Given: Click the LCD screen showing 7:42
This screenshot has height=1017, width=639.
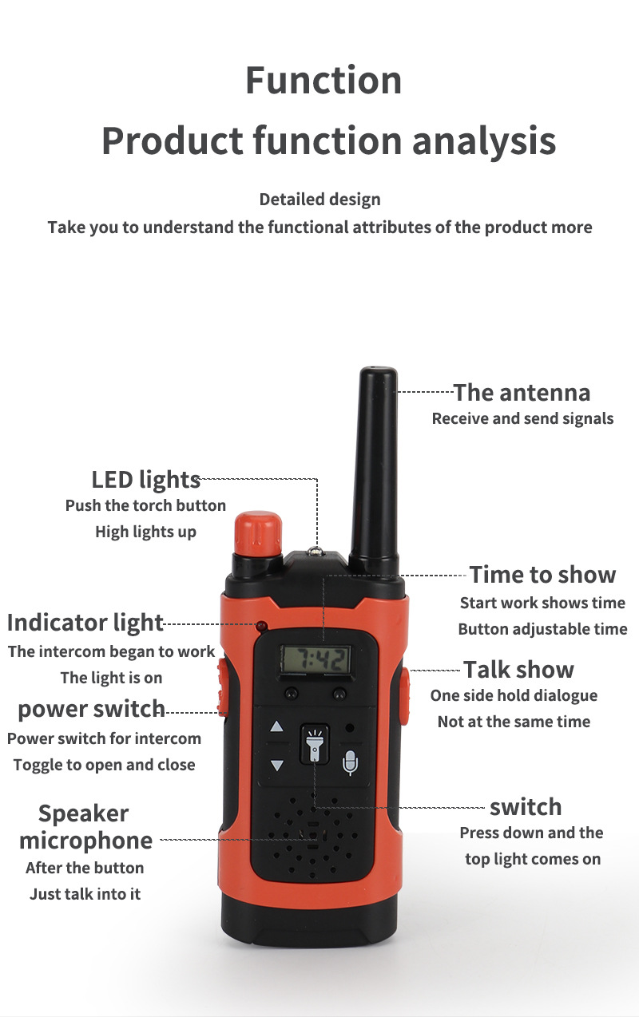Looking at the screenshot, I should tap(316, 659).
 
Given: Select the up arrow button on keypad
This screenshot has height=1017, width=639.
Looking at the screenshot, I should tap(277, 727).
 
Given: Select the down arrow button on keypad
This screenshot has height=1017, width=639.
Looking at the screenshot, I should tap(277, 765).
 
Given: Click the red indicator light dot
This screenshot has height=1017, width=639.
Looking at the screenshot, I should tap(261, 625).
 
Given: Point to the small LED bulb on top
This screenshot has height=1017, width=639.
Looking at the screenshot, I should tap(316, 551).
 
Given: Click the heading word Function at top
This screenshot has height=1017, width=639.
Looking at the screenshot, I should tap(323, 81).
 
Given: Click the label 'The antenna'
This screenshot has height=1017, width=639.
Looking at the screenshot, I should tap(522, 393).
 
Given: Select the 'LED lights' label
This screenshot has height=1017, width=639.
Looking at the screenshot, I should tap(145, 480).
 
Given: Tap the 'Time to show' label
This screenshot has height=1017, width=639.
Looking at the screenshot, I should tap(542, 575).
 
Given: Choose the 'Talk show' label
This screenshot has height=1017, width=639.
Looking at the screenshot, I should tap(518, 670).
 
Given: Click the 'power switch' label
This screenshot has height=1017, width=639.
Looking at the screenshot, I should tap(91, 709).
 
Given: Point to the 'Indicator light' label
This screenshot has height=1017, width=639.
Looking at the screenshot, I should tap(85, 623).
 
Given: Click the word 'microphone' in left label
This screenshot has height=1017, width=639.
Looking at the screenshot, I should tap(85, 841).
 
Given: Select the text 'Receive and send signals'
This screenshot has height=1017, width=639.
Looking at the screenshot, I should tap(522, 418).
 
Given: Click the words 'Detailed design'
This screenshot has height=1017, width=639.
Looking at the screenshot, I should tap(319, 200).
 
